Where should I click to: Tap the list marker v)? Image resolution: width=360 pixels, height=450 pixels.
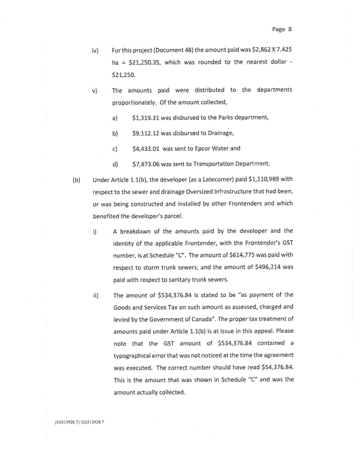pos(95,90)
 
